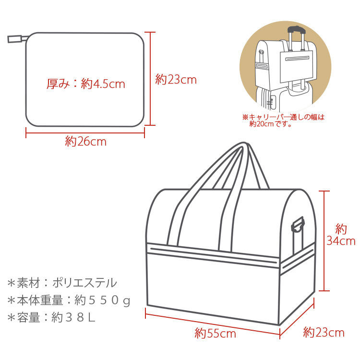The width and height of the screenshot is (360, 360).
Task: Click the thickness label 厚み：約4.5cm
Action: [85, 84]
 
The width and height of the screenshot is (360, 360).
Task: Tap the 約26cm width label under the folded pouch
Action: [85, 142]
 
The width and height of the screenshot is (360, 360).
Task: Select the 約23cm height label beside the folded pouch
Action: [176, 80]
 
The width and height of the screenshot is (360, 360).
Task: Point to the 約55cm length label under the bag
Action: [215, 333]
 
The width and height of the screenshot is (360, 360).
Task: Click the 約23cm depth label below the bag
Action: [324, 332]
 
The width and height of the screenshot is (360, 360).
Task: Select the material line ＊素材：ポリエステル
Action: [62, 282]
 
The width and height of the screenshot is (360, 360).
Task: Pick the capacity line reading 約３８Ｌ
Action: [52, 318]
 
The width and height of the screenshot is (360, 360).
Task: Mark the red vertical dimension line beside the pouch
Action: [151, 79]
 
